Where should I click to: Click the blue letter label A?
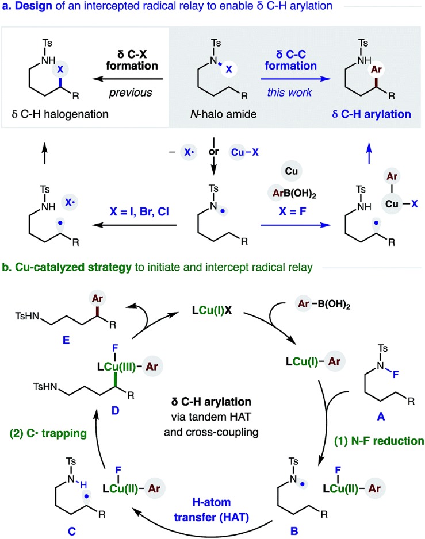[x=381, y=417]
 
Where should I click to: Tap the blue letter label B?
[x=294, y=531]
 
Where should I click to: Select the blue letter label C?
[x=71, y=531]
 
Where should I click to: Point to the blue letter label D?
[x=115, y=410]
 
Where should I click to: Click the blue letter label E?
[x=66, y=340]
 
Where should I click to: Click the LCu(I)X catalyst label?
[x=212, y=310]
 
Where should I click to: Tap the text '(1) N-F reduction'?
[x=379, y=441]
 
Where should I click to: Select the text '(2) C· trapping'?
[x=48, y=433]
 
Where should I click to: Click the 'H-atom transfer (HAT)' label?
[x=211, y=510]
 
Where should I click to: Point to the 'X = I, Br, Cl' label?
[x=139, y=211]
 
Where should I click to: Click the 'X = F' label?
[x=292, y=211]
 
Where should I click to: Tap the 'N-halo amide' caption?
[x=223, y=114]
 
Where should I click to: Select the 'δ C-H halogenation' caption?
[x=60, y=114]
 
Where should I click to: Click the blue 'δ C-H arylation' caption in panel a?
[x=372, y=114]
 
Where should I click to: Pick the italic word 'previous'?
[x=131, y=93]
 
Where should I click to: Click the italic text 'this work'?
[x=289, y=92]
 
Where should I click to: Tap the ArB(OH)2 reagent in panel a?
[x=294, y=193]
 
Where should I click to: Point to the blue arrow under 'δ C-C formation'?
[x=296, y=79]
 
